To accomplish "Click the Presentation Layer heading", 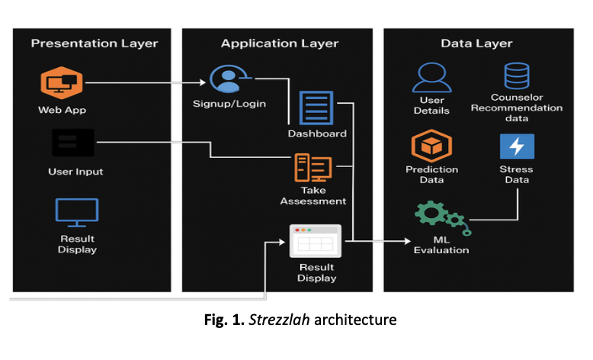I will coord(95,43).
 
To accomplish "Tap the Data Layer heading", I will coord(477,43).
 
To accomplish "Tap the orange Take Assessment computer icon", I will coord(313,166).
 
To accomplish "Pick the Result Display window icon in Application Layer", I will coord(315,241).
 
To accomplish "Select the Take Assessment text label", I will coord(313,196).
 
